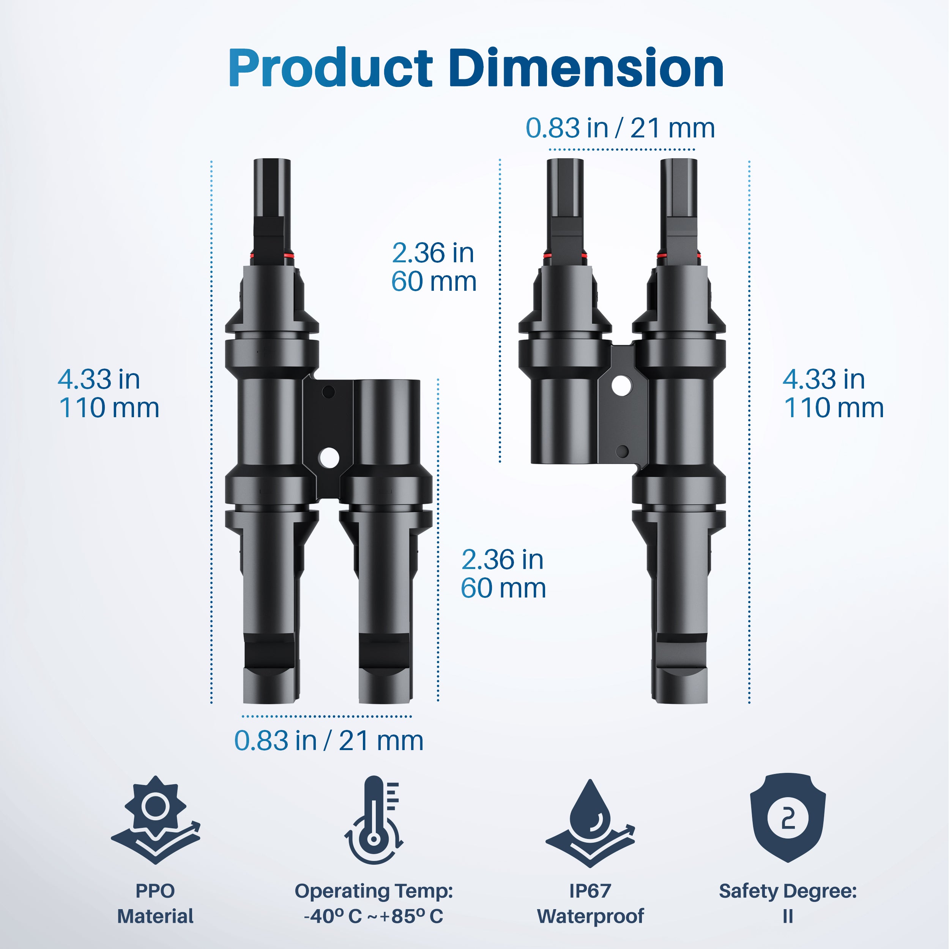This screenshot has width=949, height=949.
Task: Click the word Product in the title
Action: (x=330, y=69)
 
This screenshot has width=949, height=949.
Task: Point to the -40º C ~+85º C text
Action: (x=373, y=917)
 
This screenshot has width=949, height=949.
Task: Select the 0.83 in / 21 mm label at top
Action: (x=620, y=128)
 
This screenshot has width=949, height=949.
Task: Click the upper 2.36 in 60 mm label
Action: (x=433, y=267)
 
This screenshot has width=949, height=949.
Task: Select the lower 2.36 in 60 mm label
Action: (x=503, y=574)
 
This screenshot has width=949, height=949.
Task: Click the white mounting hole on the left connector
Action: (x=328, y=458)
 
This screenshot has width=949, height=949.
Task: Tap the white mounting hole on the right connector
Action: (x=622, y=385)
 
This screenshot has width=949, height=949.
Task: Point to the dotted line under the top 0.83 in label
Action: (x=621, y=149)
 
